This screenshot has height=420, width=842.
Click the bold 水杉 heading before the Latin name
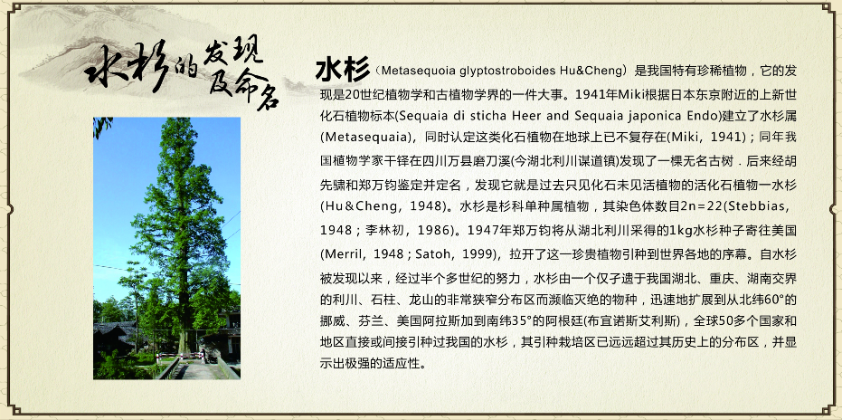coord(343,70)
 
